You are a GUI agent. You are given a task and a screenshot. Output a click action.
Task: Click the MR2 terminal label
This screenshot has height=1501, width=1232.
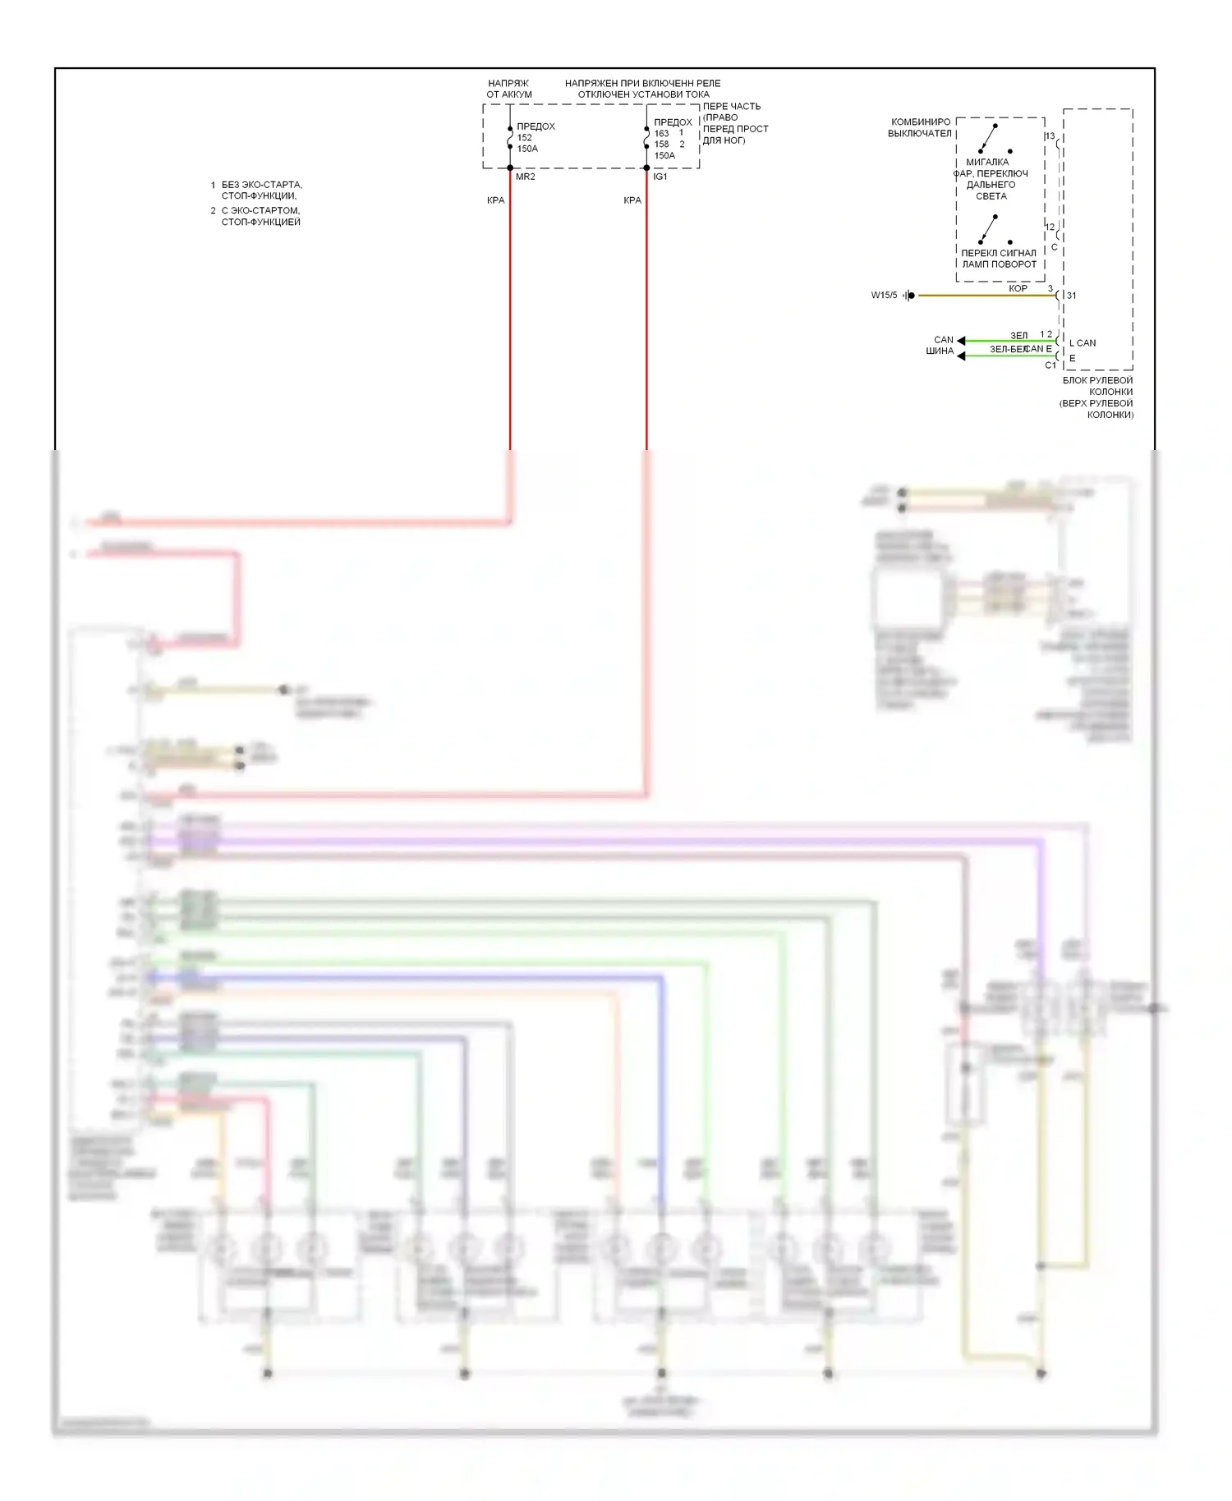(x=525, y=177)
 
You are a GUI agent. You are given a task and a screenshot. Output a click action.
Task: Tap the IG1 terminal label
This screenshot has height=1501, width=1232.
(x=660, y=177)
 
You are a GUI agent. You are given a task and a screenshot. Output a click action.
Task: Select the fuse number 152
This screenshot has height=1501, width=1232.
(x=525, y=138)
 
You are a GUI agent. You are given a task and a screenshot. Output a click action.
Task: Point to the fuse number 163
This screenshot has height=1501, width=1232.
(x=661, y=134)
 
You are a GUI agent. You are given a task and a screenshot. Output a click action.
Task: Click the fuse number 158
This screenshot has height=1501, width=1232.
(x=661, y=145)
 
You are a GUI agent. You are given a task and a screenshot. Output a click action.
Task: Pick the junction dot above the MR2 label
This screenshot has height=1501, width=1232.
(x=510, y=168)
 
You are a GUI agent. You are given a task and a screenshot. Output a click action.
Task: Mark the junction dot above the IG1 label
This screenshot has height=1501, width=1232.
(x=647, y=168)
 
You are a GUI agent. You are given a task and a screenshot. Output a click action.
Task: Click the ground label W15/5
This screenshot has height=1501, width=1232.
(x=884, y=296)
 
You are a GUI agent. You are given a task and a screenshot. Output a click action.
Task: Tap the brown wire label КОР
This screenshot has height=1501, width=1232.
(x=1018, y=288)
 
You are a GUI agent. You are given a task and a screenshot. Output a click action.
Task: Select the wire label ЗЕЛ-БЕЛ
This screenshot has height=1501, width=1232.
(x=1008, y=349)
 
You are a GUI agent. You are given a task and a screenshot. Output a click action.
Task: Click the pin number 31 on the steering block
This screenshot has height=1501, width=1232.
(x=1071, y=296)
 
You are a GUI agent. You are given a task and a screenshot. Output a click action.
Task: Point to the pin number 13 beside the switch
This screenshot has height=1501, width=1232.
(x=1050, y=136)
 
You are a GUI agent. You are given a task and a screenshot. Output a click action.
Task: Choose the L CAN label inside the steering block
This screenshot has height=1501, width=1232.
(x=1083, y=343)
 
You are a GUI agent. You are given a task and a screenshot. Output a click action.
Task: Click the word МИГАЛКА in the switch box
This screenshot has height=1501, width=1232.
(x=987, y=162)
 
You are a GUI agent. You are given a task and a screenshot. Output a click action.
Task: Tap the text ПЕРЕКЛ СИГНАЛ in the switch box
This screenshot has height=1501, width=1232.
(x=999, y=253)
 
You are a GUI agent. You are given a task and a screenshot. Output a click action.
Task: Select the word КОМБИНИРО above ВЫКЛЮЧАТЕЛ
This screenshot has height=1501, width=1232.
(x=921, y=122)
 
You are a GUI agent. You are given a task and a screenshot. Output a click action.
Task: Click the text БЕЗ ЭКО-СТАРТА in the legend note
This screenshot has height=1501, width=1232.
(x=261, y=185)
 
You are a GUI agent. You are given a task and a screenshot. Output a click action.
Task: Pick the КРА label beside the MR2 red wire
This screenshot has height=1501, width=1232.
(x=495, y=200)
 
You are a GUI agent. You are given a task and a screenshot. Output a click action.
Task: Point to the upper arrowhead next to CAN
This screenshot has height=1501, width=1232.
(x=961, y=340)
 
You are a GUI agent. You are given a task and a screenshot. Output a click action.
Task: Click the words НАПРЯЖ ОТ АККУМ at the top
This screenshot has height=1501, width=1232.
(x=509, y=89)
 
